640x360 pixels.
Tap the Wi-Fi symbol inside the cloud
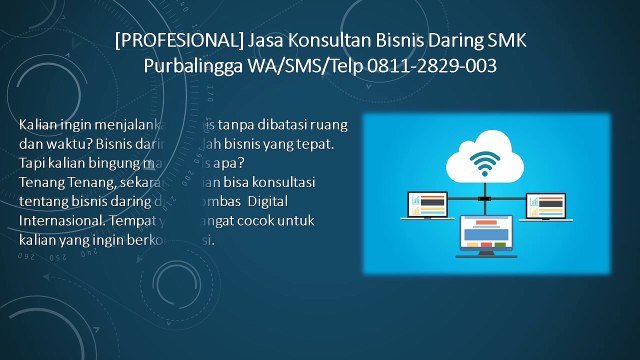coord(486,161)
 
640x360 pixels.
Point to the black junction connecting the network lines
coord(486,199)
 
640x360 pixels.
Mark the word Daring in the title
coord(448,41)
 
